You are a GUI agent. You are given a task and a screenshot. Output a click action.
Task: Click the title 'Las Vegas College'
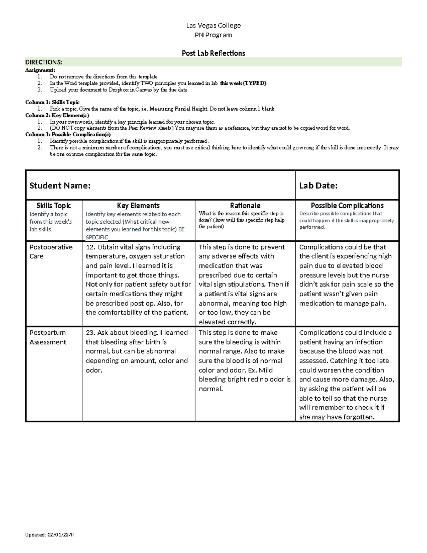click(213, 25)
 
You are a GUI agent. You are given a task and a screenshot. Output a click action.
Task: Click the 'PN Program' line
click(213, 35)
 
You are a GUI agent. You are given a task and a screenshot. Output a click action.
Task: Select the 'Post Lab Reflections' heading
click(213, 53)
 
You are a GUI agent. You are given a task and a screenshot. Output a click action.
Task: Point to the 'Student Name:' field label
click(60, 186)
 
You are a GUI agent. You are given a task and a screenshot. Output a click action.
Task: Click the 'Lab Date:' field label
click(318, 186)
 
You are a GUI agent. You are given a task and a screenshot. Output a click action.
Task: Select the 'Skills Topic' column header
click(54, 205)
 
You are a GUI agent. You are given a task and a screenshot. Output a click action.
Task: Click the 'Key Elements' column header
click(138, 205)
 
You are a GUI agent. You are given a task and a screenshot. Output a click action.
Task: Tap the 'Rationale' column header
click(245, 205)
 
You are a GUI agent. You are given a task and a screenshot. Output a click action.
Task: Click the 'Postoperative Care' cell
click(51, 251)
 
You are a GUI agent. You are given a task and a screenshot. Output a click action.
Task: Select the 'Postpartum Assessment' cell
click(48, 337)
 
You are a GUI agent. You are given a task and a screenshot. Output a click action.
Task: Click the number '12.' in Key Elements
click(90, 247)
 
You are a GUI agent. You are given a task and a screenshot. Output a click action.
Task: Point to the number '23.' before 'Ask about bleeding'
click(90, 333)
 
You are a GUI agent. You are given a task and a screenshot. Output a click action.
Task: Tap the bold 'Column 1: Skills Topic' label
click(52, 102)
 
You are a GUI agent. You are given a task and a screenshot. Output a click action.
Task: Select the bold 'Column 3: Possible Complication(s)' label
click(68, 135)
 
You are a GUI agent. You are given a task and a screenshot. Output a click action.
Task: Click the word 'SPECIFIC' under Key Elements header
click(97, 237)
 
